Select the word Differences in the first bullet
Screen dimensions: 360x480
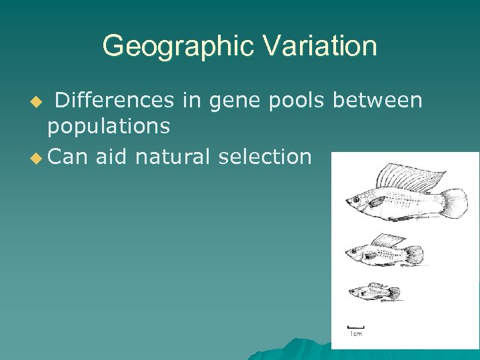tap(113, 100)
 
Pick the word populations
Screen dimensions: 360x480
tap(109, 125)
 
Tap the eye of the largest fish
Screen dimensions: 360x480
tap(355, 199)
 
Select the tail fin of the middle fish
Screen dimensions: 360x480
tap(414, 254)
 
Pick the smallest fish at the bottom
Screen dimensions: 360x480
tap(374, 292)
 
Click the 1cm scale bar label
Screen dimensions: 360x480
tap(357, 333)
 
